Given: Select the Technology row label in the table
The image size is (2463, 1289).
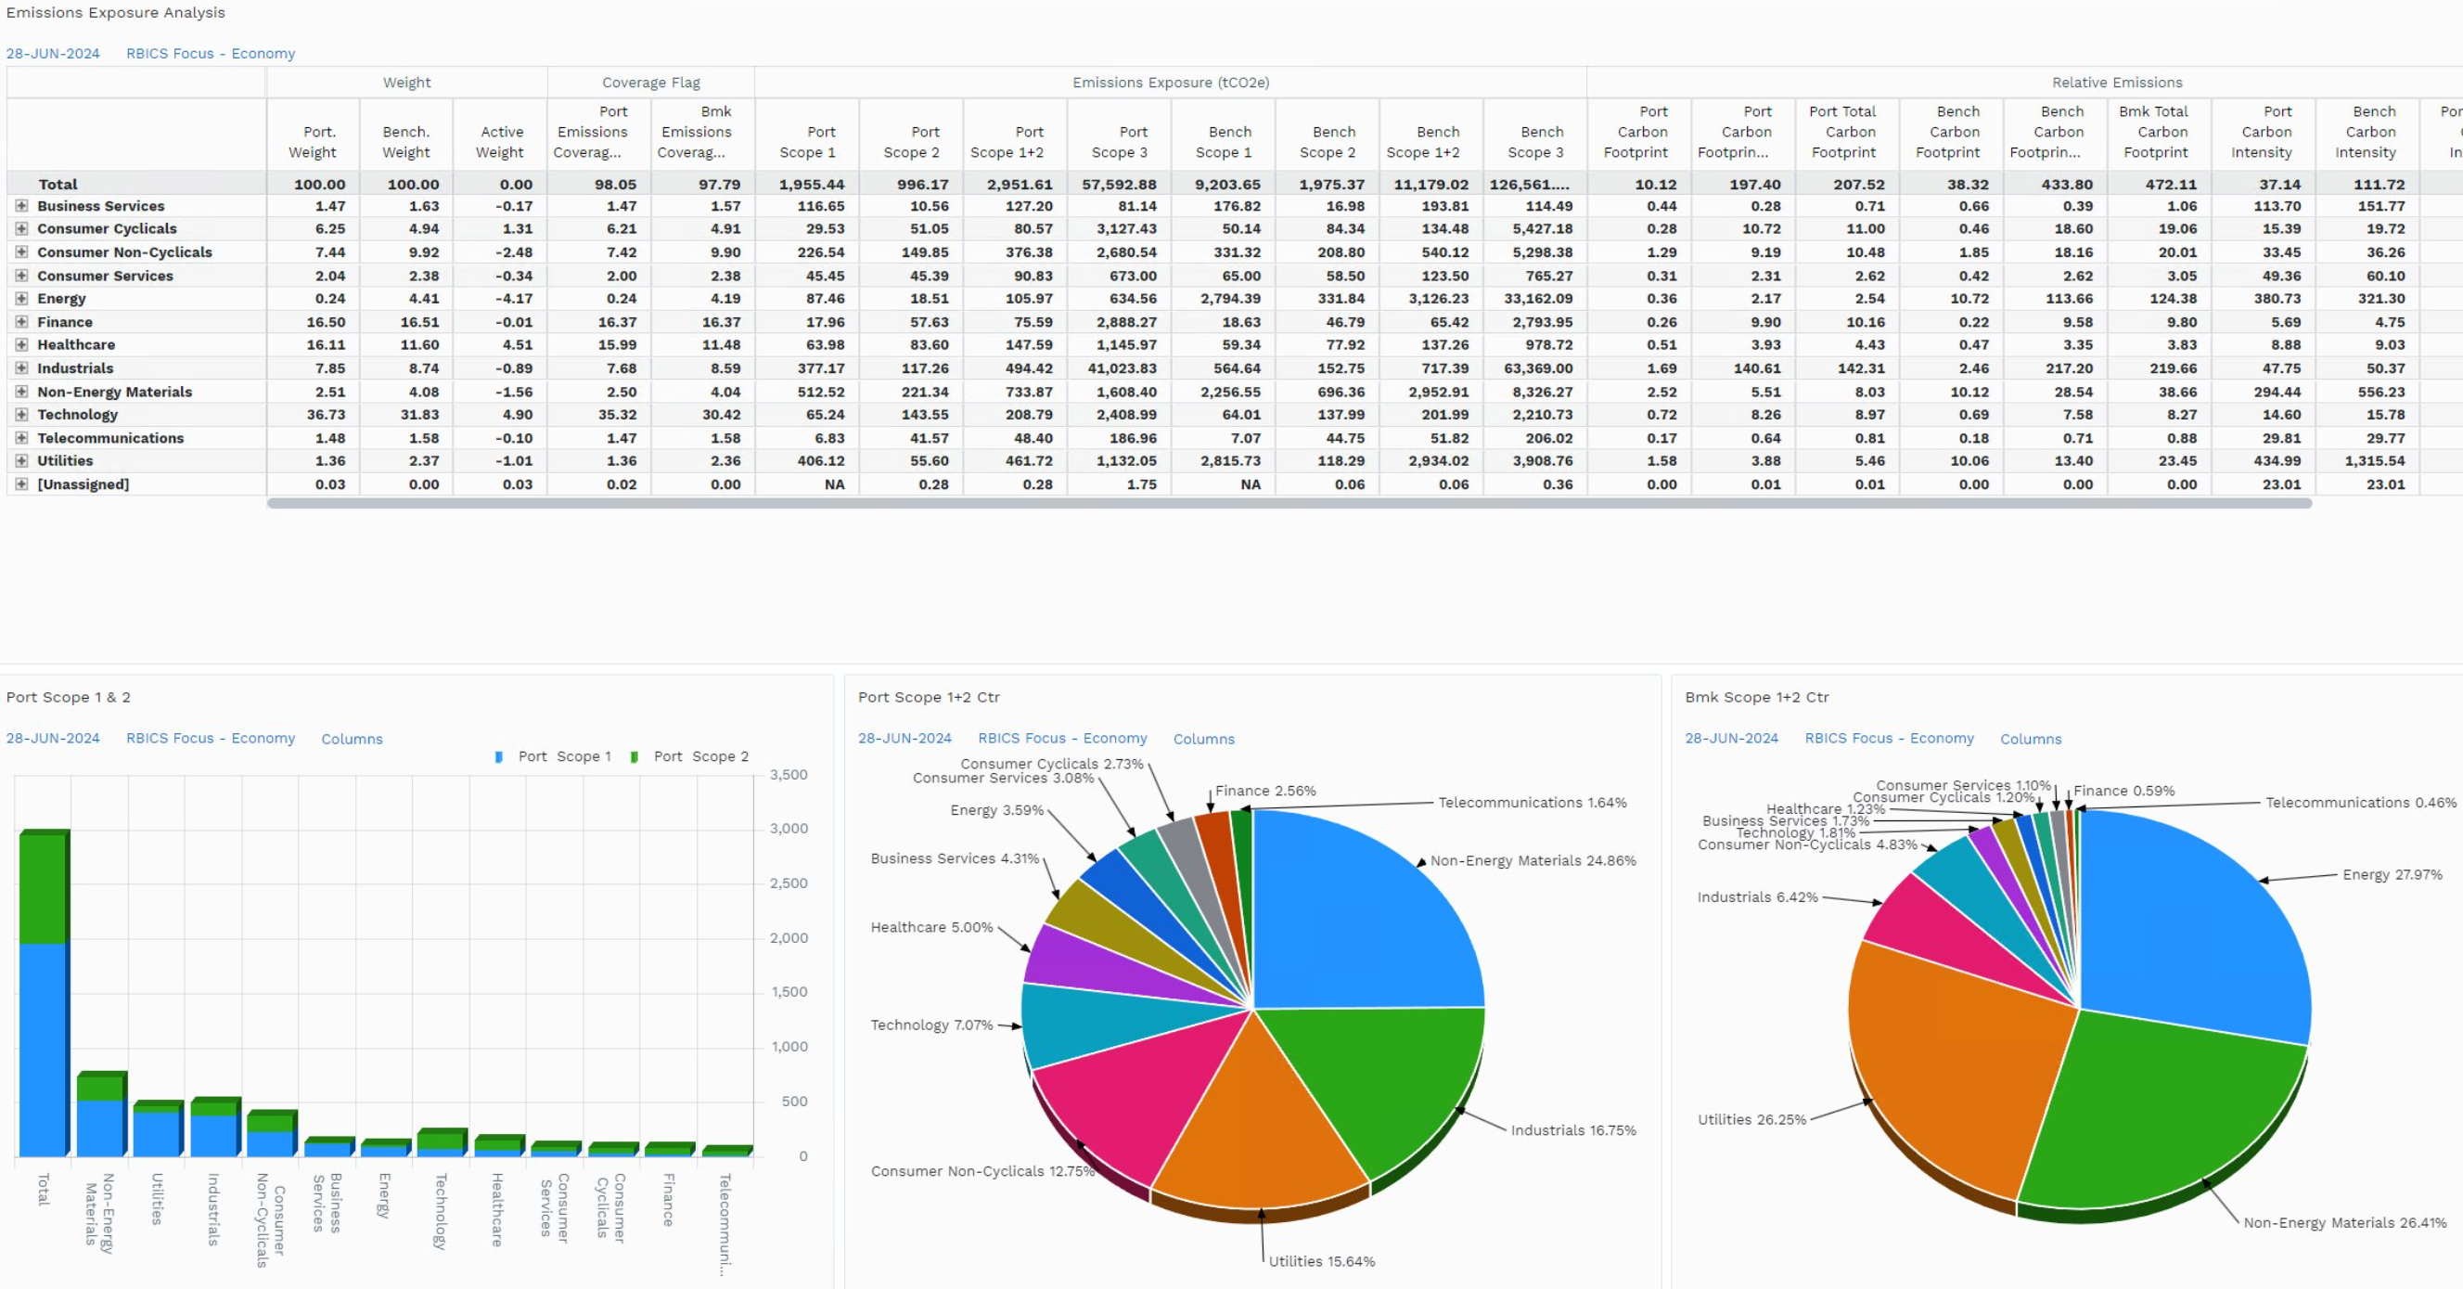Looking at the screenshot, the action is click(x=77, y=414).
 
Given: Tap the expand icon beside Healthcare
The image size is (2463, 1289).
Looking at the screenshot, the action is click(x=21, y=344).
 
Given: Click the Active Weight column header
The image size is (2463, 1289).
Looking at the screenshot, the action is click(x=501, y=142).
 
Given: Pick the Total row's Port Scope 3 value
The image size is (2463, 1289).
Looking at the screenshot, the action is click(x=1119, y=184).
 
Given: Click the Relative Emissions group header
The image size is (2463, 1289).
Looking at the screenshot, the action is click(x=2117, y=83).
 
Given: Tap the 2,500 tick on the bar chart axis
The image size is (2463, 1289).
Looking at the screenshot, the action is click(x=789, y=883).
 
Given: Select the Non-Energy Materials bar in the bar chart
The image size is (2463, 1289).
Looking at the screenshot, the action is click(x=101, y=1114).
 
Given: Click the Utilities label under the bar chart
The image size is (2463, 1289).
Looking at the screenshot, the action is click(x=158, y=1199).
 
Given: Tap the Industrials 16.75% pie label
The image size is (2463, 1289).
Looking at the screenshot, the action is click(x=1572, y=1130).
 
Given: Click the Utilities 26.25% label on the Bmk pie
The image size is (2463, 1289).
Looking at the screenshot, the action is click(x=1751, y=1120).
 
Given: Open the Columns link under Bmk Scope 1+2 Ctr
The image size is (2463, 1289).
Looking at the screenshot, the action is click(x=2030, y=740).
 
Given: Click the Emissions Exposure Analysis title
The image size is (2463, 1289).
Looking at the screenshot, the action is click(x=116, y=12).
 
